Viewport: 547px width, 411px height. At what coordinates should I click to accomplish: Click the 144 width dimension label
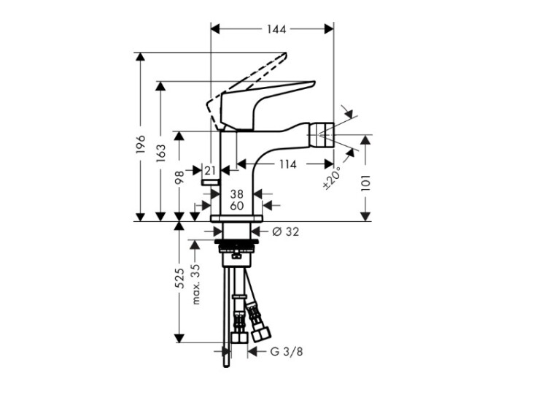[276, 29]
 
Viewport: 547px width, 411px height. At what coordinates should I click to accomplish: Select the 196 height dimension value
[140, 144]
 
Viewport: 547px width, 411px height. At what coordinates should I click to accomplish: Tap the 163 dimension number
[160, 153]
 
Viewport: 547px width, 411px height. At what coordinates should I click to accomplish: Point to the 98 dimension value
[179, 178]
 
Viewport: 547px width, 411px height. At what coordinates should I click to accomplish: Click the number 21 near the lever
[210, 171]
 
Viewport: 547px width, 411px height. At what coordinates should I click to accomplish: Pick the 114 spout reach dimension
[287, 164]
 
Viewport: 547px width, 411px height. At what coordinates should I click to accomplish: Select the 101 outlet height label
[365, 183]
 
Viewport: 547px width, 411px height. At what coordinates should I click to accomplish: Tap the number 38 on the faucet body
[237, 193]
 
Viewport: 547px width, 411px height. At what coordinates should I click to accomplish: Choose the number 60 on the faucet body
[237, 206]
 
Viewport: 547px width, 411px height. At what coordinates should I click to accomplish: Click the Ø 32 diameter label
[285, 231]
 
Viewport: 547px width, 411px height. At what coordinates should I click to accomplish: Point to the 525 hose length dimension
[179, 278]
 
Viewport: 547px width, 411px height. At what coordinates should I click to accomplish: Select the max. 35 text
[196, 284]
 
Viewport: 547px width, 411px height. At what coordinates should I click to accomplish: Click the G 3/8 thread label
[287, 352]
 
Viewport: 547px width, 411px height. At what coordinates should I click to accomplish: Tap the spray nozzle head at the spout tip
[326, 135]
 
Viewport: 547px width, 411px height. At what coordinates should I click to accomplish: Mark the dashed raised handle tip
[284, 55]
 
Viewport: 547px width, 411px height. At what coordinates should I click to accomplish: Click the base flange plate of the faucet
[236, 218]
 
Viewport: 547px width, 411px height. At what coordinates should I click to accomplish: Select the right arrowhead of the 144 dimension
[329, 29]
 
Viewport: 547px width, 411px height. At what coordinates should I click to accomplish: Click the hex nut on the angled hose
[262, 334]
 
